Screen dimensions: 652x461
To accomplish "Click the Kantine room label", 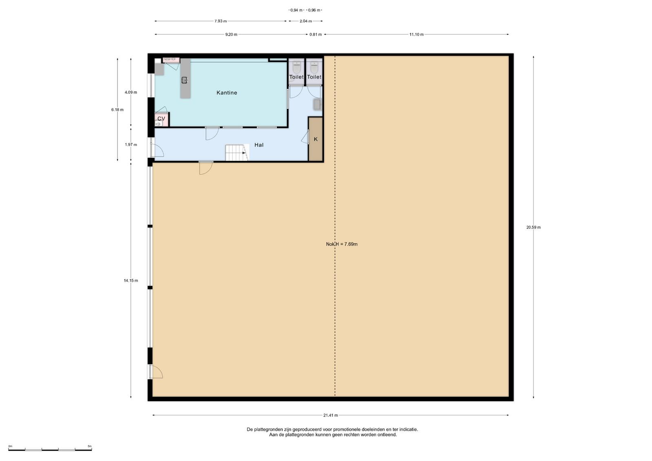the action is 227,93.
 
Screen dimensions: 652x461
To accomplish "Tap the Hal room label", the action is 259,145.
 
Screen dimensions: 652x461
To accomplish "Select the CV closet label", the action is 161,119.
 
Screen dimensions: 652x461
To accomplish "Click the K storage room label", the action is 315,139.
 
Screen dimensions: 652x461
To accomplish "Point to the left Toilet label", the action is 296,77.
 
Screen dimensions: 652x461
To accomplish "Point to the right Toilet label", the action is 314,77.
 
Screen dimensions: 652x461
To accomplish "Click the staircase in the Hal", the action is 237,153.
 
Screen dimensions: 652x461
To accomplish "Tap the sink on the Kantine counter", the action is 185,80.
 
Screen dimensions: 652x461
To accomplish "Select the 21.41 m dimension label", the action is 330,415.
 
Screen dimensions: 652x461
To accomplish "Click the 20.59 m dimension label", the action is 533,228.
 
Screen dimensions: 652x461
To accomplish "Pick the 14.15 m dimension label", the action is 131,281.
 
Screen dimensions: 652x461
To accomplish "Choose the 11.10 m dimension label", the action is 416,34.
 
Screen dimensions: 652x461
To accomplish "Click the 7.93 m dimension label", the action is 220,21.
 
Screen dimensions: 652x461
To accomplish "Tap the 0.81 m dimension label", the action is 315,34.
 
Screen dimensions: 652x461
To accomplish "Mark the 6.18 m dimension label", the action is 117,110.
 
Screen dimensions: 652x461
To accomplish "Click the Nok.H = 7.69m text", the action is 342,244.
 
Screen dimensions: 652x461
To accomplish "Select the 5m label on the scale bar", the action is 90,446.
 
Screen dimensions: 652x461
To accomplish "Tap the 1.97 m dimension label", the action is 131,145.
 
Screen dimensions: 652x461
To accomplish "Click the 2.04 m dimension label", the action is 306,21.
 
